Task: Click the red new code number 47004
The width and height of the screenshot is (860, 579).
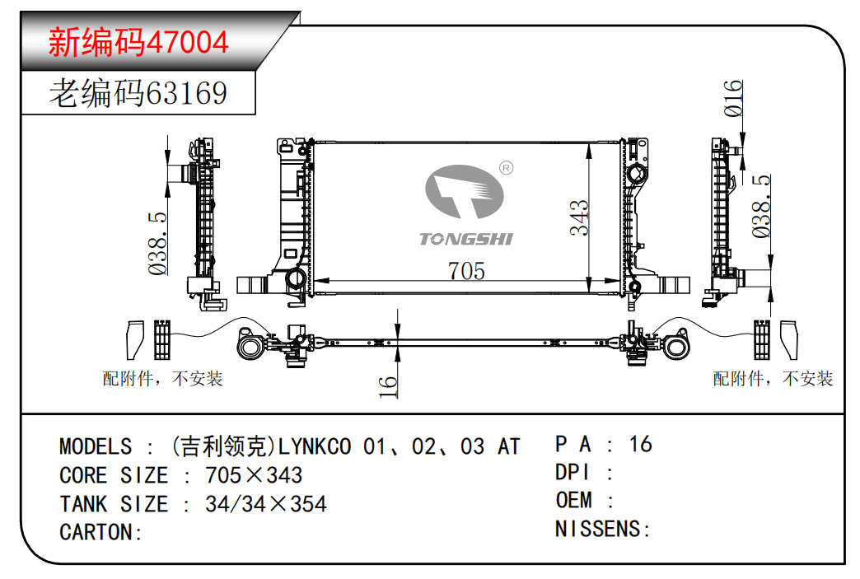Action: pyautogui.click(x=187, y=42)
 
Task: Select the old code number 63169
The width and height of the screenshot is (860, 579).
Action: pyautogui.click(x=186, y=93)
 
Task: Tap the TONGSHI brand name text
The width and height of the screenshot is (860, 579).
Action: pyautogui.click(x=465, y=239)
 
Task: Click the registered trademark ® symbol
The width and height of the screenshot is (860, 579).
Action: pyautogui.click(x=507, y=168)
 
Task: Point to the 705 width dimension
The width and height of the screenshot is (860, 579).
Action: pyautogui.click(x=466, y=271)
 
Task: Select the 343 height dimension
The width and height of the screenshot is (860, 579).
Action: pyautogui.click(x=578, y=217)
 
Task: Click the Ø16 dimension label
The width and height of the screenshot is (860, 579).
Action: pyautogui.click(x=733, y=99)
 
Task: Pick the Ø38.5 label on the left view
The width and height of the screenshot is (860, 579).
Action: pyautogui.click(x=157, y=244)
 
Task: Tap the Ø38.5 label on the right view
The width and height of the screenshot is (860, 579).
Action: pyautogui.click(x=760, y=206)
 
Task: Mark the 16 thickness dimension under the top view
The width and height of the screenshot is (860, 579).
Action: pyautogui.click(x=387, y=386)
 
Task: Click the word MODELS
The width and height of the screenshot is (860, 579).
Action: pyautogui.click(x=96, y=447)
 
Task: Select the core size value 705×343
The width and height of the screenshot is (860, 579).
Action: pyautogui.click(x=254, y=475)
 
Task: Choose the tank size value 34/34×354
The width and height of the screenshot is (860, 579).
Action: pyautogui.click(x=266, y=504)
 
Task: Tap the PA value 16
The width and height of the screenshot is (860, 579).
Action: pyautogui.click(x=641, y=444)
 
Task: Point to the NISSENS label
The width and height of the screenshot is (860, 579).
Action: pyautogui.click(x=598, y=529)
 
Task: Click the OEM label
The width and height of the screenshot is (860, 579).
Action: pyautogui.click(x=573, y=500)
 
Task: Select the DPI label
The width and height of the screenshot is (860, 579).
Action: pyautogui.click(x=572, y=472)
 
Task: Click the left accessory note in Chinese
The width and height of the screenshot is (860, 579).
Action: pyautogui.click(x=162, y=378)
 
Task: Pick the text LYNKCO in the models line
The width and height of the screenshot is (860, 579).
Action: pyautogui.click(x=315, y=447)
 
